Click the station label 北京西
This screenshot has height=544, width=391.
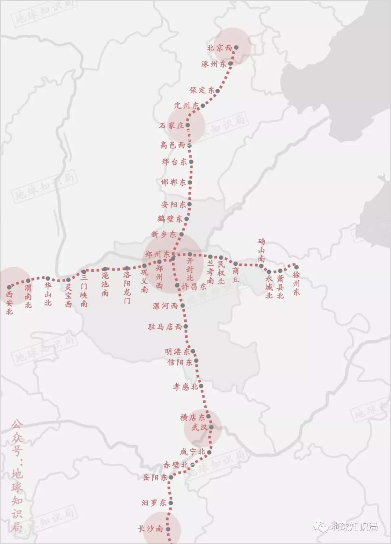219,48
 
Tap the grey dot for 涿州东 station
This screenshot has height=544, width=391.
230,63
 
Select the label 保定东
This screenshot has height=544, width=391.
202,90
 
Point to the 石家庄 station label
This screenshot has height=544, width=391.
172,126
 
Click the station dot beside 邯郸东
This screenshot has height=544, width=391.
190,182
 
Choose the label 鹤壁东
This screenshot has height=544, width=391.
170,219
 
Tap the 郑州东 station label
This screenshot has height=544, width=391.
157,254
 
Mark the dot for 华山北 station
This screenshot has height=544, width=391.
48,278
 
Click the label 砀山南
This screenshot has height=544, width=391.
261,250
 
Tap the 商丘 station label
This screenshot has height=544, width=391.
236,275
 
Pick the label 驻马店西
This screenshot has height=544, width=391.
165,327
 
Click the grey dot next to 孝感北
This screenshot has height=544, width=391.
201,386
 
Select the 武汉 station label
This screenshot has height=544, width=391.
199,427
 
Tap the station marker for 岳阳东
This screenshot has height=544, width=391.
171,477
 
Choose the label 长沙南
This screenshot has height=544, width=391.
150,529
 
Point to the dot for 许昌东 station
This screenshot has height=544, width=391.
177,286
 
